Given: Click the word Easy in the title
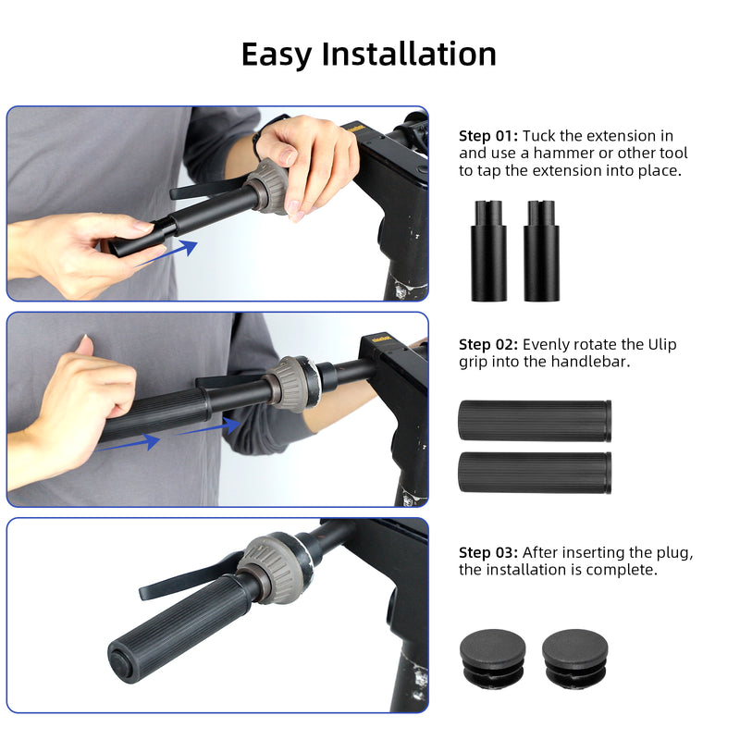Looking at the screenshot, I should (x=277, y=54).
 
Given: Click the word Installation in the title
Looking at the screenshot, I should (x=409, y=54).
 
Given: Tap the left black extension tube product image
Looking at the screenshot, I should (x=488, y=250).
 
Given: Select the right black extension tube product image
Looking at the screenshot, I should (x=541, y=250).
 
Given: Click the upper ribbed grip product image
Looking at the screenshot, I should (x=534, y=421).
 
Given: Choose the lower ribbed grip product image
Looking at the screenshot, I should (x=534, y=472).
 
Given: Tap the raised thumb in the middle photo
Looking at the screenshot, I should (x=86, y=346).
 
